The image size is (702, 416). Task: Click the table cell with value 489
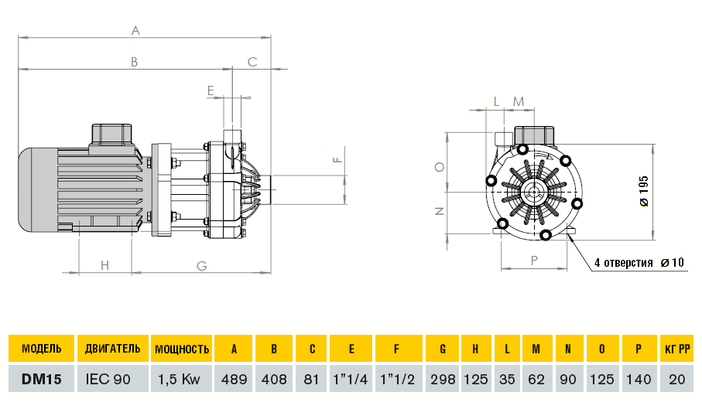233,380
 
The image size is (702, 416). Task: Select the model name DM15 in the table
41,380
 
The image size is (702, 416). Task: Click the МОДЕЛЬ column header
41,349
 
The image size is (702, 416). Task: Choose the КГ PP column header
678,349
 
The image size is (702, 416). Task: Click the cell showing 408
273,380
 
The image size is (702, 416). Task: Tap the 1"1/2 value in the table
396,380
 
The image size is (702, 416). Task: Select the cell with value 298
442,380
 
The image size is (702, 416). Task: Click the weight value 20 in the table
678,380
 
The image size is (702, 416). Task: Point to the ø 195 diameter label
644,190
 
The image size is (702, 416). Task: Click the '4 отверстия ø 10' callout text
639,263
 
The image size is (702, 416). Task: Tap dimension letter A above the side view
135,30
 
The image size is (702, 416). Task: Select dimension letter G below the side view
201,265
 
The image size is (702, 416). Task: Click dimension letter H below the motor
105,265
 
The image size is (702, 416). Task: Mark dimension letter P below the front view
534,261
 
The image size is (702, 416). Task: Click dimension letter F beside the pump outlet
336,160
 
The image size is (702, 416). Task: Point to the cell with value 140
639,380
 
